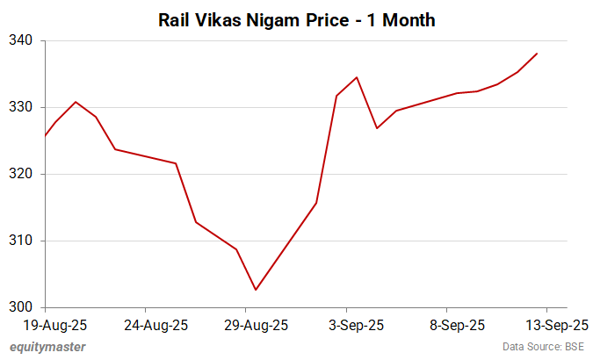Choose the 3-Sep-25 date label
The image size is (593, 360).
click(x=357, y=325)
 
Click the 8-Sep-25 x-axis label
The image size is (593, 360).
click(x=457, y=325)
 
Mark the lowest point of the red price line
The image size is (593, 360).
click(x=256, y=290)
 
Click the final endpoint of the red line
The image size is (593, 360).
click(x=538, y=54)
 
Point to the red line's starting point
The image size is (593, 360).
click(x=45, y=135)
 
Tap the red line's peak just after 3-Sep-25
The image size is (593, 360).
click(x=357, y=77)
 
